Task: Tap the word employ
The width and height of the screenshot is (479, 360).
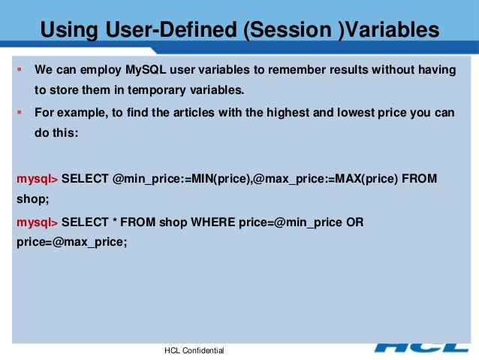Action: click(x=101, y=70)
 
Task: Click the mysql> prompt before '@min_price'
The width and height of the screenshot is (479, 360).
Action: click(x=37, y=180)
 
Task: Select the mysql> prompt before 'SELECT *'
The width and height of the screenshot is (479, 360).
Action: click(x=37, y=222)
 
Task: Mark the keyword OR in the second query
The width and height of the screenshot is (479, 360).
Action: click(x=355, y=222)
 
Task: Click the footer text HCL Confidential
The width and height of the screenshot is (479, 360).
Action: click(x=194, y=351)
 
